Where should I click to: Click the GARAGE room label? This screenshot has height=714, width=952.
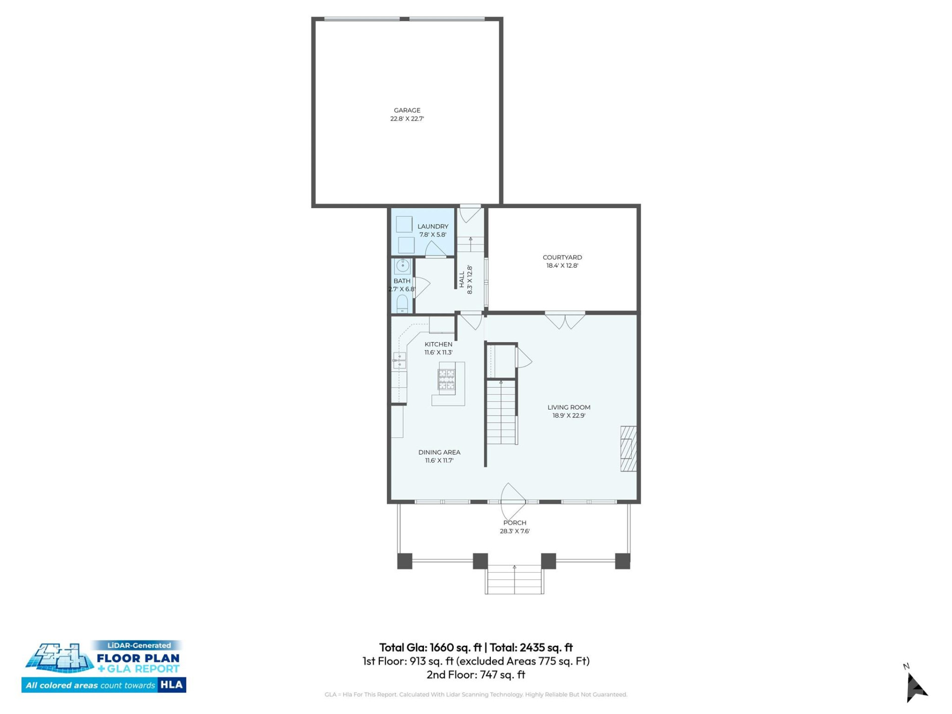pos(407,110)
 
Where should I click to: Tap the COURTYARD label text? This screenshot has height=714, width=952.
pos(562,257)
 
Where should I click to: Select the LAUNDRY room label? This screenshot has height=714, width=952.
pos(432,226)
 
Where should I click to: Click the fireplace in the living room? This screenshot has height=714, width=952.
pos(628,448)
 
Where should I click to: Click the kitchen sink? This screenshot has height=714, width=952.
pos(400,360)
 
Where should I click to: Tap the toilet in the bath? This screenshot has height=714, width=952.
pos(402,303)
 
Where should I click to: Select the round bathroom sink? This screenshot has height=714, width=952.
pos(403,266)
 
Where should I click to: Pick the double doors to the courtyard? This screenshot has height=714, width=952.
pos(565,320)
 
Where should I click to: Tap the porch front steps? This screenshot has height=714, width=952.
pos(514,580)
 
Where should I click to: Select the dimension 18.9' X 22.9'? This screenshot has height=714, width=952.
pos(569,416)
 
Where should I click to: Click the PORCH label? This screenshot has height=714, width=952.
pos(515,523)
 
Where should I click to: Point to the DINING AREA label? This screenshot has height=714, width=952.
pos(439,452)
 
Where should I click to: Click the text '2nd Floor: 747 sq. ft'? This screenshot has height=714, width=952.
pos(476,674)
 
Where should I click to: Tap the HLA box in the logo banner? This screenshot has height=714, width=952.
pos(172,685)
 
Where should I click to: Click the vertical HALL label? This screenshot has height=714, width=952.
pos(462,279)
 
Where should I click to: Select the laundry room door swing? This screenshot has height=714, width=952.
pos(435,249)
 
